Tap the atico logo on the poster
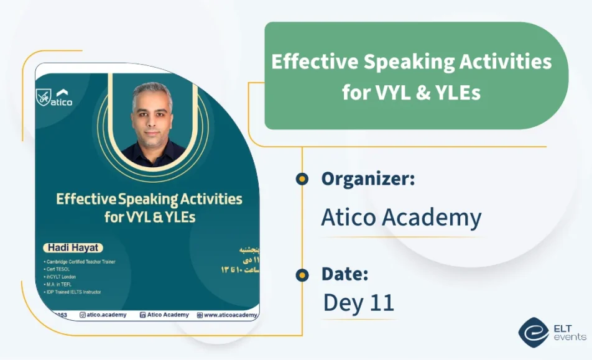point(55,98)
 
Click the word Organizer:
point(368,179)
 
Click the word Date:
point(345,274)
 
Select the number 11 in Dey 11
point(381,303)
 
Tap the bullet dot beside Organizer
point(302,179)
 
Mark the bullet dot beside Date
point(302,274)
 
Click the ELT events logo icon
point(534,332)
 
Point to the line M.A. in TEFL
point(60,284)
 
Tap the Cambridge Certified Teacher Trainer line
point(80,261)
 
